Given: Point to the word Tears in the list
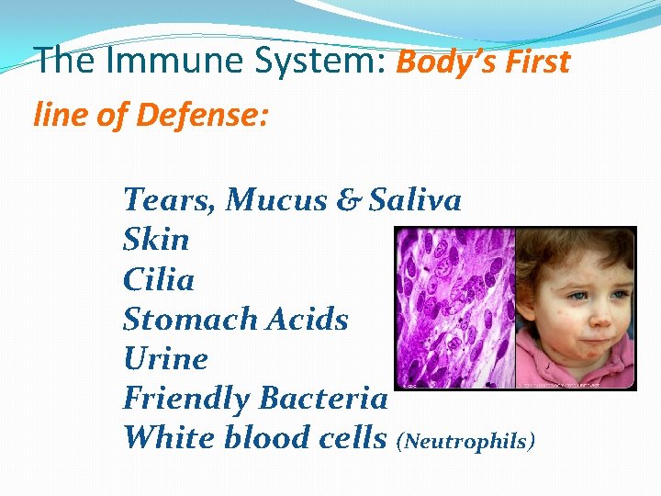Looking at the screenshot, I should (169, 199).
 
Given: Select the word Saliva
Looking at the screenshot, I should (415, 199).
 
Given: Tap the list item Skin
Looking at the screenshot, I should (156, 240).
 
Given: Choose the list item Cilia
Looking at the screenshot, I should (158, 279).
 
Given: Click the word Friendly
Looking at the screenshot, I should (186, 399).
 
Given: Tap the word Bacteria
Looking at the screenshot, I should (323, 399).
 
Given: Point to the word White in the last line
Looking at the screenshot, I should (168, 438).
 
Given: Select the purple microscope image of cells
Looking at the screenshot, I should (454, 308).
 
